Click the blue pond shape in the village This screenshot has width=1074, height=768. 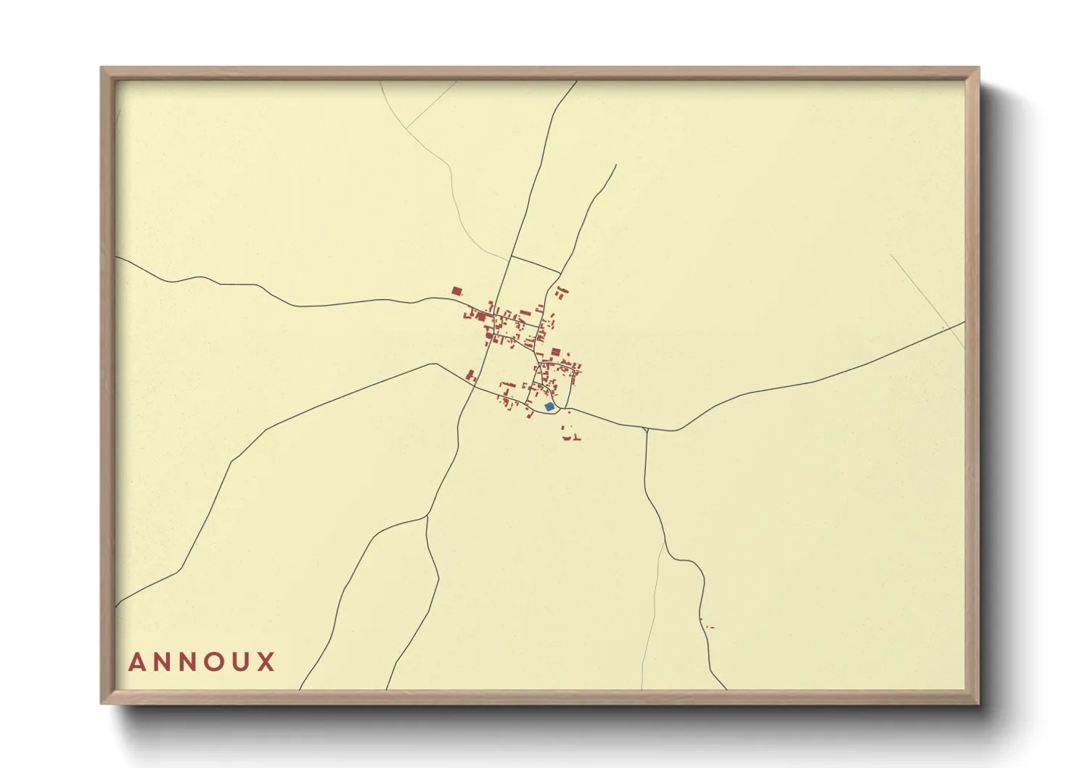click(549, 407)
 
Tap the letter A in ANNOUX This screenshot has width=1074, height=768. click(136, 662)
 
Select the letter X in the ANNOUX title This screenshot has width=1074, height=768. click(266, 662)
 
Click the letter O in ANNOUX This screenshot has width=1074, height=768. click(215, 662)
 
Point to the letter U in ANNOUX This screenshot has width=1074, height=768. click(241, 662)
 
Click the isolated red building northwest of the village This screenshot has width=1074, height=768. click(456, 291)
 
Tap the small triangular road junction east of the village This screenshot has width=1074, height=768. click(645, 430)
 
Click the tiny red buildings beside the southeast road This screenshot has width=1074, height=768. click(706, 625)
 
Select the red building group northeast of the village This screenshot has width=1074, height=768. click(561, 293)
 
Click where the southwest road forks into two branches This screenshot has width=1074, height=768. click(427, 517)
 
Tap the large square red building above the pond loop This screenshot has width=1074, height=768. click(555, 352)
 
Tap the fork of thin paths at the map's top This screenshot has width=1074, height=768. click(405, 128)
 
